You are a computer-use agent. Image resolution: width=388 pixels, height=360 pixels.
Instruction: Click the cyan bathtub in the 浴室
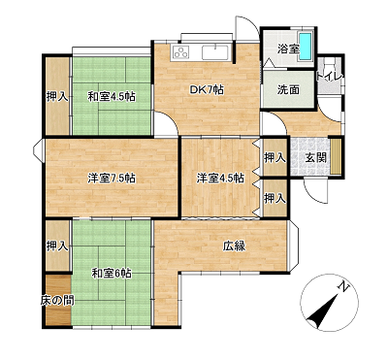(x=306, y=46)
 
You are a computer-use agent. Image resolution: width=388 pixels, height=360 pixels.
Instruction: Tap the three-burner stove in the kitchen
(x=180, y=52)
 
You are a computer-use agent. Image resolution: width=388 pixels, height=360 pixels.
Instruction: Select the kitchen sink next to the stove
(x=215, y=52)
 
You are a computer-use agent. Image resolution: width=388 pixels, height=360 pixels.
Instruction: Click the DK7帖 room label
(x=207, y=89)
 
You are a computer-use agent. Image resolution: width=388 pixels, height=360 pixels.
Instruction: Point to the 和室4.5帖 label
(x=112, y=96)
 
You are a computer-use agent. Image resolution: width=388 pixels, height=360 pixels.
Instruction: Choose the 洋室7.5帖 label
(x=112, y=179)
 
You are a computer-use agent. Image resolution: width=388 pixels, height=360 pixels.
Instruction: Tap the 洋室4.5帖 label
(x=220, y=179)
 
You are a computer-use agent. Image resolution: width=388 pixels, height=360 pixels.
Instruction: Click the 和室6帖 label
(x=112, y=274)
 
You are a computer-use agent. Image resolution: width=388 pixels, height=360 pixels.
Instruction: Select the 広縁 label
(x=234, y=246)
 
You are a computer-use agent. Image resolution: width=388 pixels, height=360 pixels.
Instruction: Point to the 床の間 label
(x=57, y=301)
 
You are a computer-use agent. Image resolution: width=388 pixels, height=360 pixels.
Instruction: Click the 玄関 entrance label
(x=316, y=158)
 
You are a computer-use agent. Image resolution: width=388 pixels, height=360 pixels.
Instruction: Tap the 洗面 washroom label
(x=288, y=89)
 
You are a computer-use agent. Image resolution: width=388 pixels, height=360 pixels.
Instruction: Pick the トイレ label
(x=329, y=78)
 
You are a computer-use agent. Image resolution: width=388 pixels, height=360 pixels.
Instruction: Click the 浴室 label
(x=288, y=49)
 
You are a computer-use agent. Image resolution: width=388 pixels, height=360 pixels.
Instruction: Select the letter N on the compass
(x=343, y=286)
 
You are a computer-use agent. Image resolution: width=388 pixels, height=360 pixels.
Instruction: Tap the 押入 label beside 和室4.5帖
(x=57, y=96)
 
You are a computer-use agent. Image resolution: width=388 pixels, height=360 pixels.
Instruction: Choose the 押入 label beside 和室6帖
(x=57, y=245)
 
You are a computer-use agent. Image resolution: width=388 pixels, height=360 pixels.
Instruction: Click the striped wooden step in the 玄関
(x=336, y=157)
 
